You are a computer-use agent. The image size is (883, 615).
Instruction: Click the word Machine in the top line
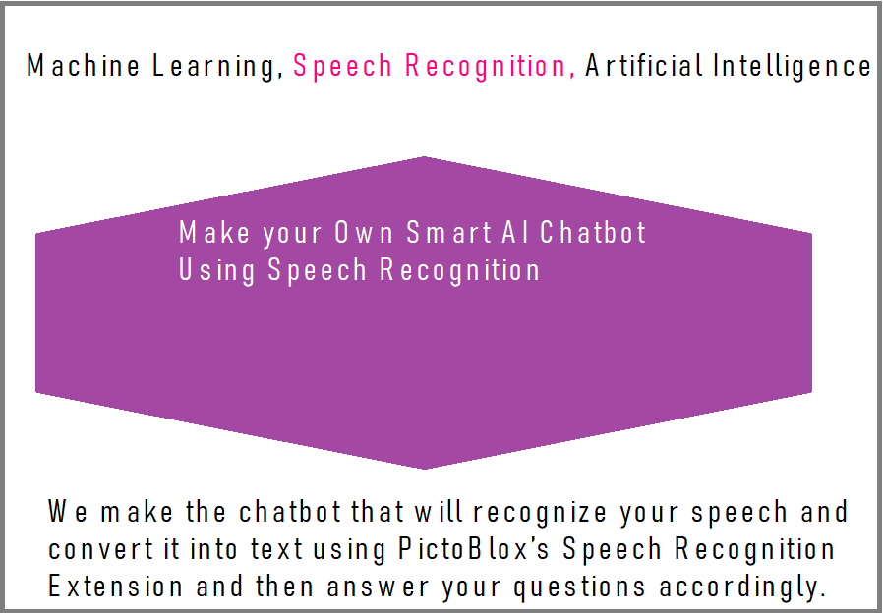[83, 65]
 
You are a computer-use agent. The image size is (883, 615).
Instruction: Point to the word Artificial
[644, 65]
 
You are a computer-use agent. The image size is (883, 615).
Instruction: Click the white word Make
[214, 232]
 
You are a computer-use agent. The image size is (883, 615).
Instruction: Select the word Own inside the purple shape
[364, 232]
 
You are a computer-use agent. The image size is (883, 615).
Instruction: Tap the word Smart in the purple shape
[448, 232]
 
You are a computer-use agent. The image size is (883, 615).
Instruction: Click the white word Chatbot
[593, 232]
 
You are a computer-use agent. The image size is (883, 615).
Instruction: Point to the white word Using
[216, 270]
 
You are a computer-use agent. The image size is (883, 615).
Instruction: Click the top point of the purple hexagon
[424, 157]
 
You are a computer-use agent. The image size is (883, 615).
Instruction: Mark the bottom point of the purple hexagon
[424, 469]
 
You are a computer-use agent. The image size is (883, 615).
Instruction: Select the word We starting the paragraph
[68, 511]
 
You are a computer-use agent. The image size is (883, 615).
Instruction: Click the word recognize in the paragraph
[540, 513]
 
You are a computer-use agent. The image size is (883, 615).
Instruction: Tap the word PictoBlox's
[474, 548]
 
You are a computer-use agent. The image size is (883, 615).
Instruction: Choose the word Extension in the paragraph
[115, 587]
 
